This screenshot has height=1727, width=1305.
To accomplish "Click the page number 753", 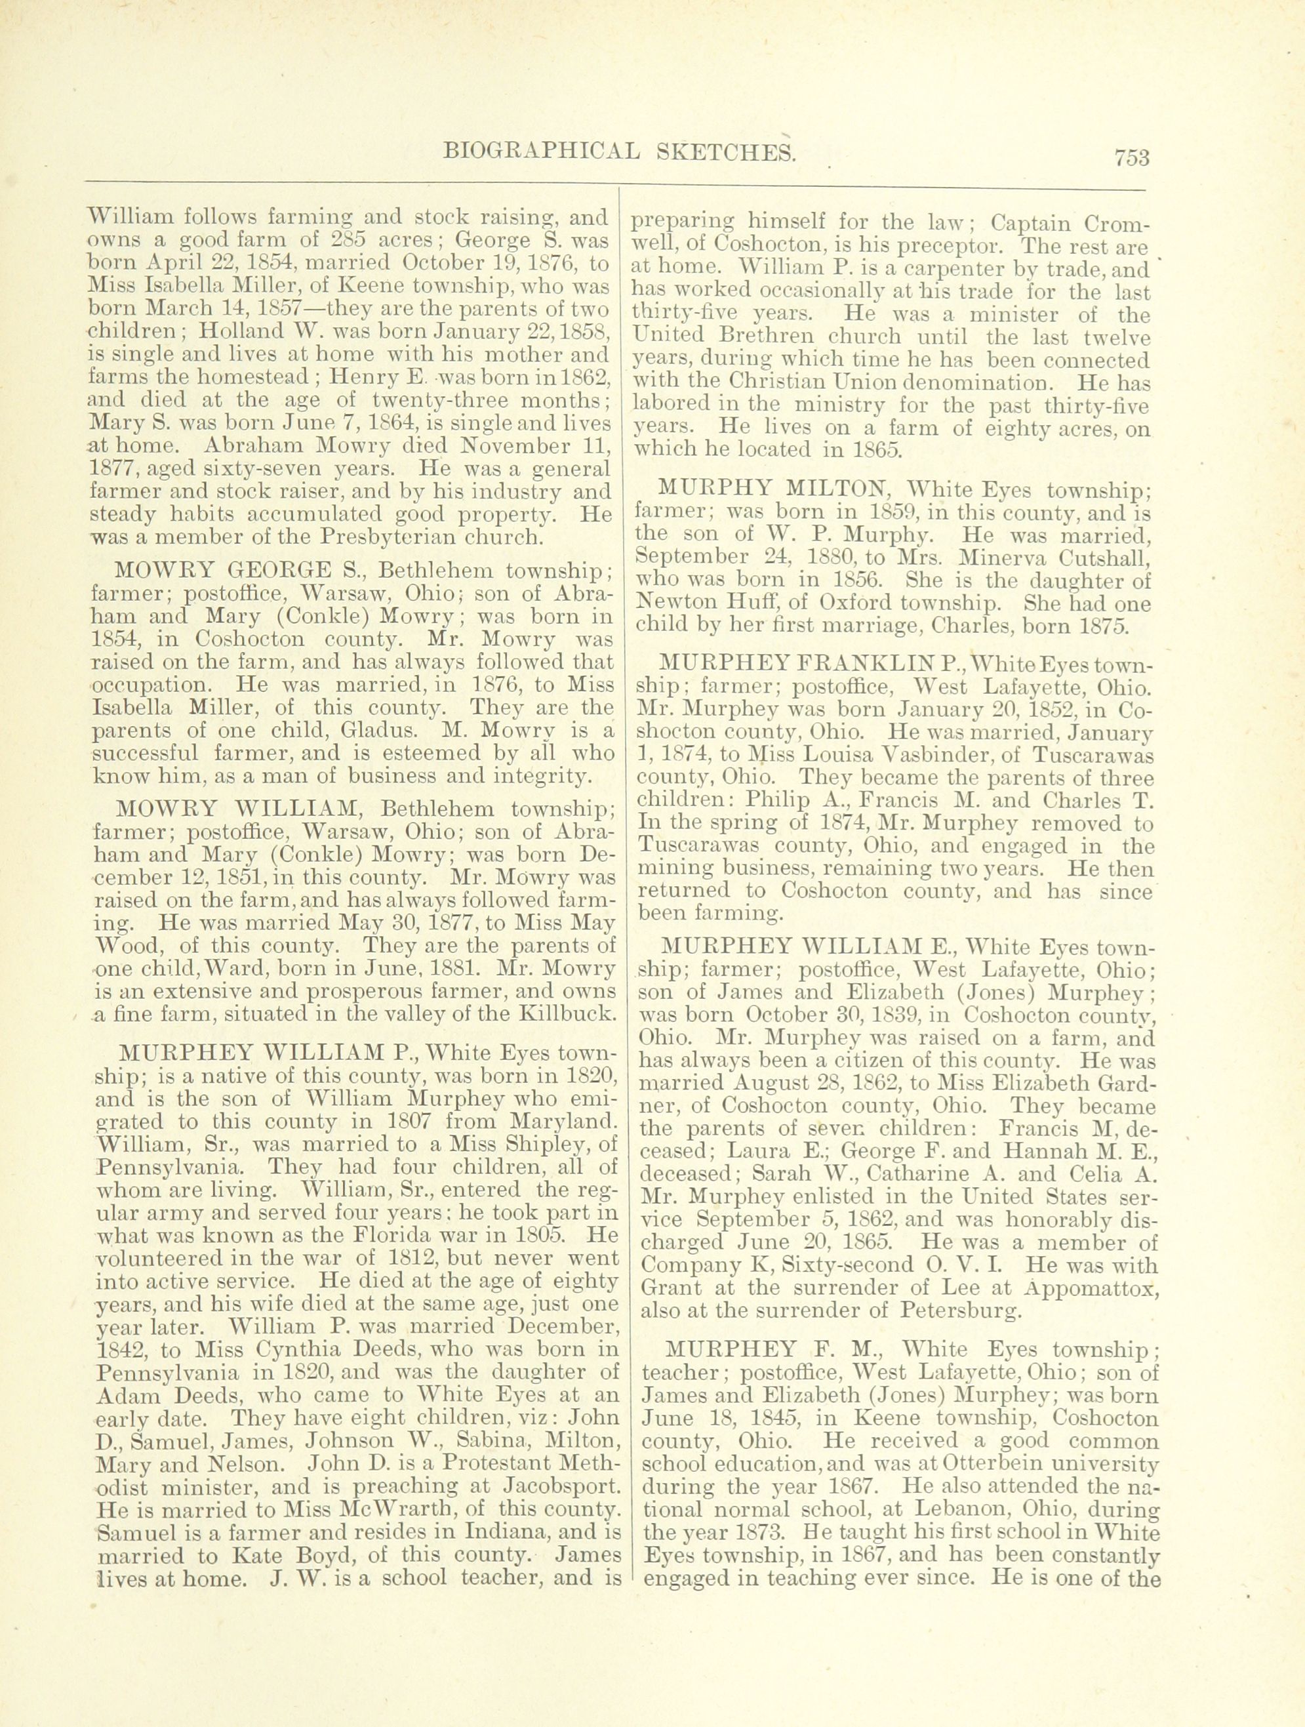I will [x=1133, y=157].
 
